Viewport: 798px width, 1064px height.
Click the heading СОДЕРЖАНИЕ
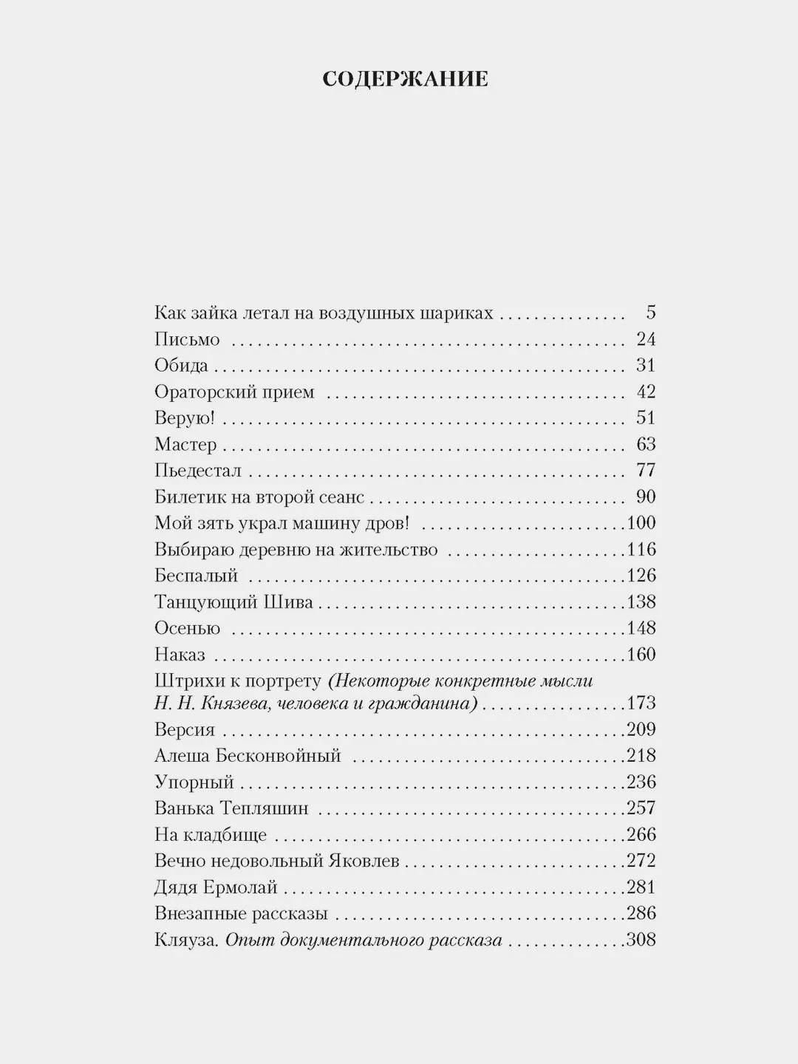point(405,79)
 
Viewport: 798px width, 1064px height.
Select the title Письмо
point(187,339)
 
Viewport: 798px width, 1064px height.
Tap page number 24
point(646,339)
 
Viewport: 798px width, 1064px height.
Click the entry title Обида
point(181,366)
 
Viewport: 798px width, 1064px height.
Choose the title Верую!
point(184,418)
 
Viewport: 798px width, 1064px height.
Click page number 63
point(646,444)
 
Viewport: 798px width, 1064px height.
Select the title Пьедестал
point(197,471)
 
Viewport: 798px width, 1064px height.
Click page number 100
point(641,523)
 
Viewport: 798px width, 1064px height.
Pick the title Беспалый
point(196,576)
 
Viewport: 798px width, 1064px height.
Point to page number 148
point(641,628)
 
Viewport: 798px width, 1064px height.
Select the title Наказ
point(180,655)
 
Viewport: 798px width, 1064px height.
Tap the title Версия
point(185,730)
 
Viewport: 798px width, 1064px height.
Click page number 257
point(641,808)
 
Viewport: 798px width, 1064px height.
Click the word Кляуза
point(185,940)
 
